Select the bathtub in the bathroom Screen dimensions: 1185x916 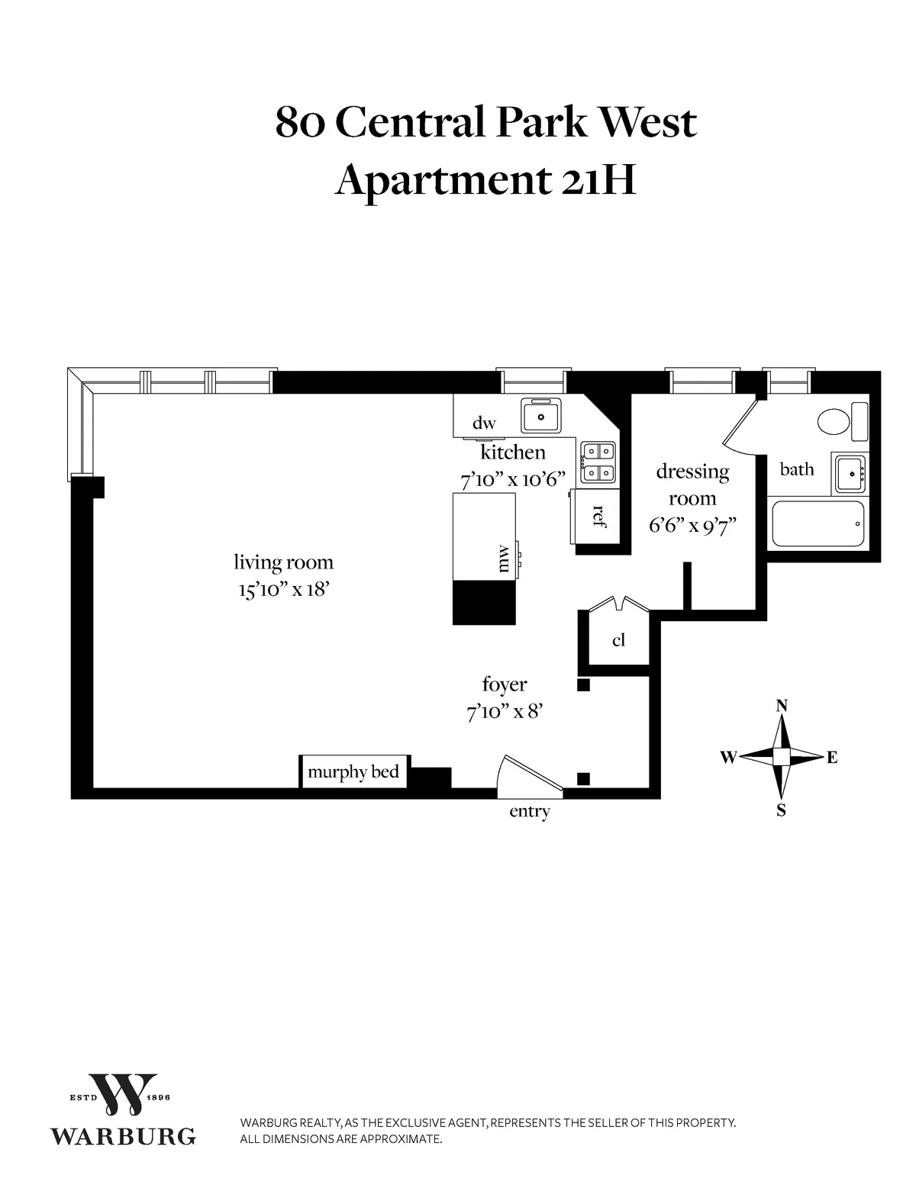point(818,523)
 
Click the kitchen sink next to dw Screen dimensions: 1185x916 point(541,416)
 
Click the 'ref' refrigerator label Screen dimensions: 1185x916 point(598,517)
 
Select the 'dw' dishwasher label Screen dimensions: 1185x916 point(484,423)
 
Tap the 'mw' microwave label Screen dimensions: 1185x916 point(502,558)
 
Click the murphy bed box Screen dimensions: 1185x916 point(353,771)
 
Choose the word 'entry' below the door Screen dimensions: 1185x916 point(529,812)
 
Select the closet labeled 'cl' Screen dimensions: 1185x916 point(618,639)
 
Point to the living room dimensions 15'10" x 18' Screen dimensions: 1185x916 point(283,590)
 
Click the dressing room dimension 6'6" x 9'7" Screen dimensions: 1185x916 point(692,526)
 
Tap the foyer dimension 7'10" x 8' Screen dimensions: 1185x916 point(504,712)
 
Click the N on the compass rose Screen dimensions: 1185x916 point(782,706)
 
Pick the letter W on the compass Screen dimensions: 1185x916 point(728,758)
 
